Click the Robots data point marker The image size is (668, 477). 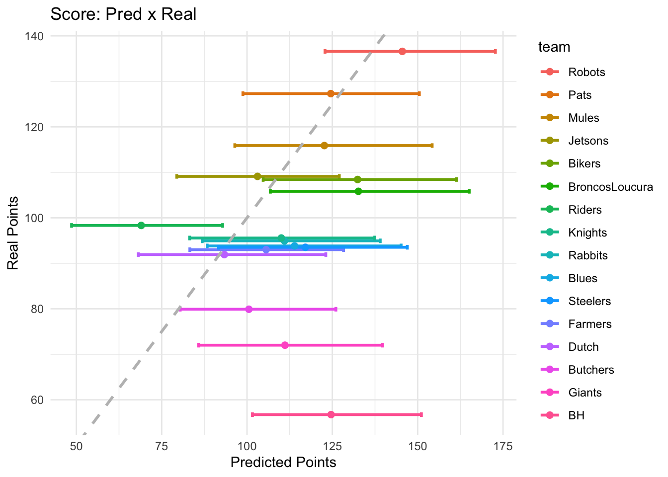(x=402, y=52)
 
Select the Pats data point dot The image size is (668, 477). (x=331, y=93)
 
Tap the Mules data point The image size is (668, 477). (x=324, y=146)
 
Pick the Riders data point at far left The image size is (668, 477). (x=141, y=225)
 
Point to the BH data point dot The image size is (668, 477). (x=331, y=414)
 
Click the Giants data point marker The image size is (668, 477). (x=285, y=345)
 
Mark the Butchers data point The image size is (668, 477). (x=249, y=309)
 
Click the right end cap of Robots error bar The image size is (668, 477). (x=495, y=52)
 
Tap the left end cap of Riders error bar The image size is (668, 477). (x=72, y=225)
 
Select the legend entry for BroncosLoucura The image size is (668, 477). (x=610, y=187)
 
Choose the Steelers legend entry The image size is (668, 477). (x=589, y=301)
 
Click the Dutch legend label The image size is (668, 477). (x=584, y=347)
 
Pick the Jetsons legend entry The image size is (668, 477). (x=588, y=141)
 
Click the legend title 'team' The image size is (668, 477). (x=554, y=47)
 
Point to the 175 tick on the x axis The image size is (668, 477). (x=502, y=446)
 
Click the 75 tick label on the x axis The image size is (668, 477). (x=162, y=446)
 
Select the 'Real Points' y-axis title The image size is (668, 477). (x=13, y=233)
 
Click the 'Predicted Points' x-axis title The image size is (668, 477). (x=283, y=463)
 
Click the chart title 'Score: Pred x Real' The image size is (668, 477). (x=123, y=14)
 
